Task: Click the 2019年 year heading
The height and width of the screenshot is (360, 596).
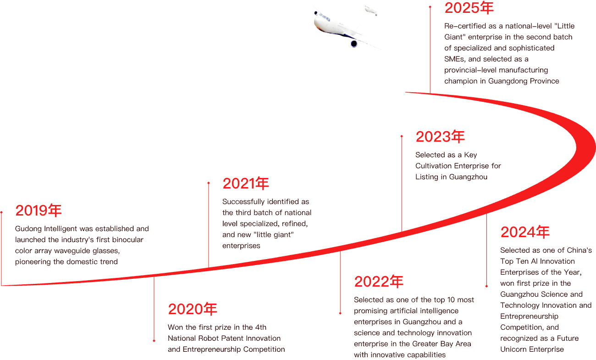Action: pos(39,210)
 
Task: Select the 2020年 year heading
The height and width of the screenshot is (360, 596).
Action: pos(193,309)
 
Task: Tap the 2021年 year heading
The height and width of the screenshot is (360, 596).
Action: pos(246,183)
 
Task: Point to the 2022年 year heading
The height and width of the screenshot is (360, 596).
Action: pos(379,282)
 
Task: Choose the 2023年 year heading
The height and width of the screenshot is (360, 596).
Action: pos(440,137)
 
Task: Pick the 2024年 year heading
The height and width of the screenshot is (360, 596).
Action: pos(525,232)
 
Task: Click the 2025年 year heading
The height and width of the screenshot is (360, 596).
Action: pos(469,8)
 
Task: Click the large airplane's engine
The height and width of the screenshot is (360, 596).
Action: pos(354,44)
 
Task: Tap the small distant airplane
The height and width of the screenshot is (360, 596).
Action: pos(370,11)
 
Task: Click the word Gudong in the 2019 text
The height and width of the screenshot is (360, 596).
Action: pos(28,229)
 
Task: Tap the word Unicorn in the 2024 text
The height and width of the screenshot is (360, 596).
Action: pos(513,349)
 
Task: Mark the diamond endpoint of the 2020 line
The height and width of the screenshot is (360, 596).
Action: pos(154,341)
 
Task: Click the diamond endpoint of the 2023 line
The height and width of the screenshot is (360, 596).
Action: pos(402,136)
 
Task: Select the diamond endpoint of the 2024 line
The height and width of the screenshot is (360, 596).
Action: pos(486,286)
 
